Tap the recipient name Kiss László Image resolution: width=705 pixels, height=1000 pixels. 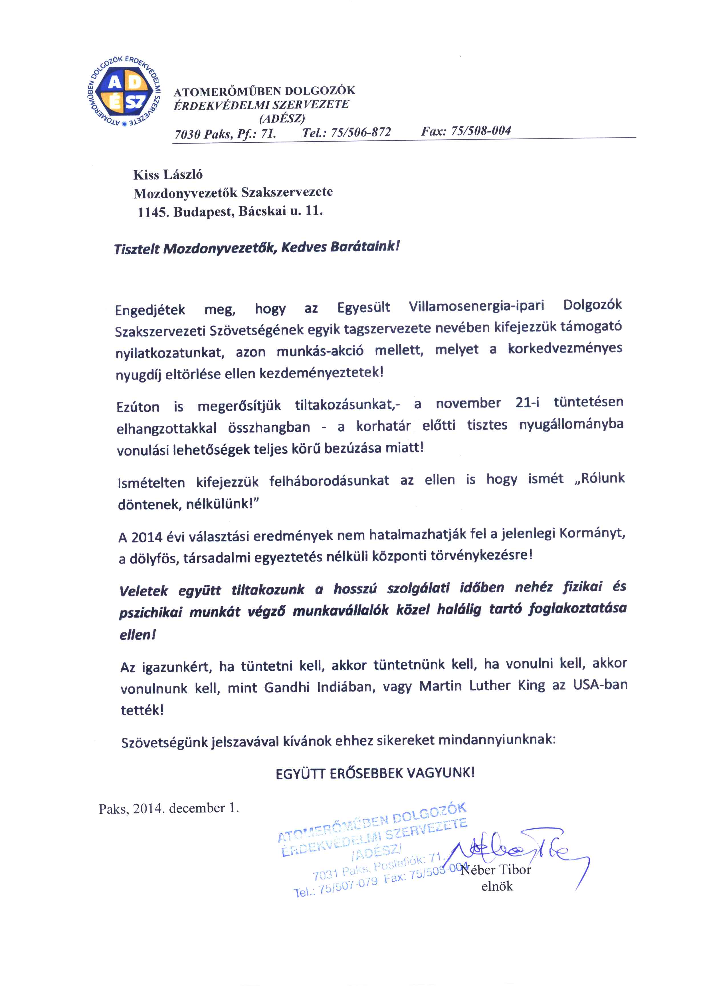(x=168, y=175)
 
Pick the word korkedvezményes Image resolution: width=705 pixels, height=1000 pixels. (x=565, y=348)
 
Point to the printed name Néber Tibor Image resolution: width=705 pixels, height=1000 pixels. (x=496, y=870)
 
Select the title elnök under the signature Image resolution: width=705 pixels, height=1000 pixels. (x=497, y=886)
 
